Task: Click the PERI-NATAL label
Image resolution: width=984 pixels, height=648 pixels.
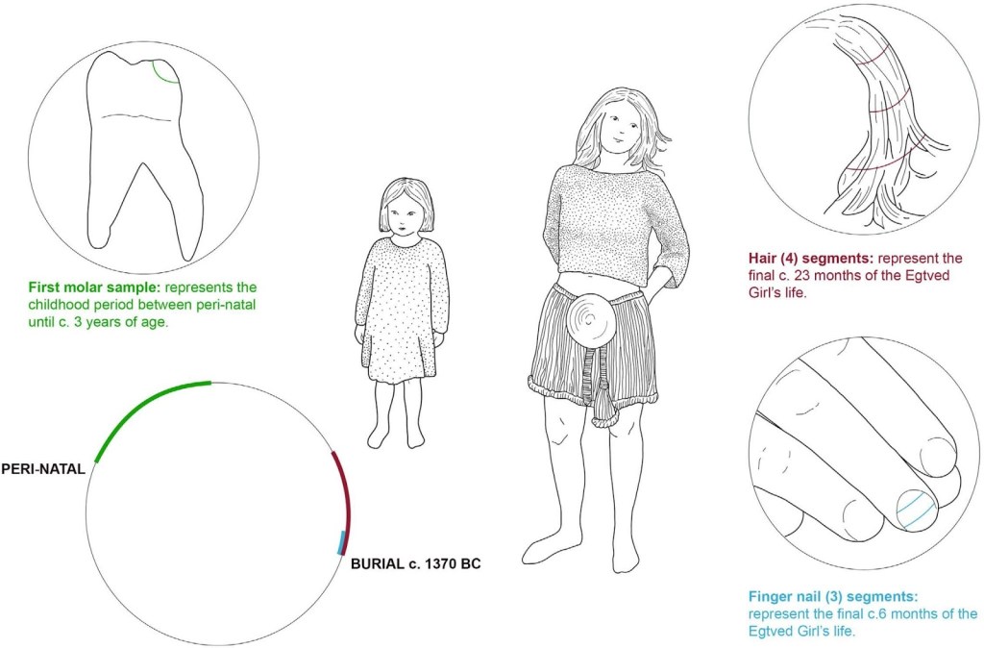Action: point(43,469)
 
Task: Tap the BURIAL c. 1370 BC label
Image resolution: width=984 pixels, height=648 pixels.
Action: point(415,563)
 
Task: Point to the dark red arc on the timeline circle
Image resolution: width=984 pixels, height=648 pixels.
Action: point(343,496)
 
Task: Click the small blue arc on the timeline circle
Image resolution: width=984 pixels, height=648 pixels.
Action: point(341,542)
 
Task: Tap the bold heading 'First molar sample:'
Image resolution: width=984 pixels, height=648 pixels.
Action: point(95,287)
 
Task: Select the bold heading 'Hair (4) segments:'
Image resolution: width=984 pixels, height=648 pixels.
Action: point(811,258)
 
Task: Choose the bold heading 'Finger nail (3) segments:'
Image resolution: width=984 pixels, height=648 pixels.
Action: point(833,596)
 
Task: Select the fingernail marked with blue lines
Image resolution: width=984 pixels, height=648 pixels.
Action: point(916,510)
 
